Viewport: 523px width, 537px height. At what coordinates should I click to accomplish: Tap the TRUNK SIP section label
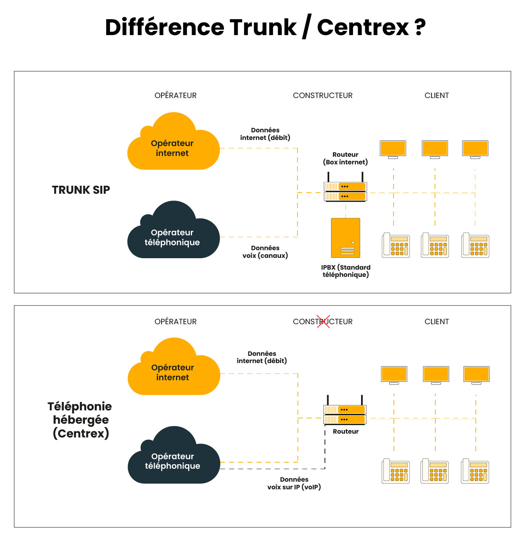coord(81,190)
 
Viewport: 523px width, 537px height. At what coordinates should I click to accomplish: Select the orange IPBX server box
coord(345,238)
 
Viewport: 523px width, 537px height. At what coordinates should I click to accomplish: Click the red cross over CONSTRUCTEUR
coord(323,321)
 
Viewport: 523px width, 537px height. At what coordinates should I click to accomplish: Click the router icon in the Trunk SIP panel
coord(345,191)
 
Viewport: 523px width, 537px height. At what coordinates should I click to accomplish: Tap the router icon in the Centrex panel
coord(345,414)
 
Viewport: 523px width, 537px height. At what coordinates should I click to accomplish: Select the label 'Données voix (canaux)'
coord(265,252)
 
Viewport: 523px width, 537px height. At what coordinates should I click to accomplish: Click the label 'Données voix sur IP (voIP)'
coord(294,483)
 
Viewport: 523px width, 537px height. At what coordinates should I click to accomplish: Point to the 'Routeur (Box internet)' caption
coord(345,158)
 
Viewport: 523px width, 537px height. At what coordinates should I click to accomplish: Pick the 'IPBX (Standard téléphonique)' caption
coord(345,271)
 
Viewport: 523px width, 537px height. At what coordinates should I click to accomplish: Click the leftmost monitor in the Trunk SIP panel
coord(393,149)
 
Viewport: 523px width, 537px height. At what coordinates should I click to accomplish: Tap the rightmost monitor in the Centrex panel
coord(476,375)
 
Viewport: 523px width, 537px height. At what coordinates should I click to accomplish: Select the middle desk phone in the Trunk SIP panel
coord(435,245)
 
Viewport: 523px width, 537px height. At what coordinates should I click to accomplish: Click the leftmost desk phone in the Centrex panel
coord(396,471)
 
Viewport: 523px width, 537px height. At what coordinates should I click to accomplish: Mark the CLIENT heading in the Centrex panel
coord(437,322)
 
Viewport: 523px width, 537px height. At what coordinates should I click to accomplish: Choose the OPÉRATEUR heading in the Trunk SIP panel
coord(176,95)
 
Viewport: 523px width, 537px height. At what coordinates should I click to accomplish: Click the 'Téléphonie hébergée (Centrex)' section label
coord(80,420)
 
